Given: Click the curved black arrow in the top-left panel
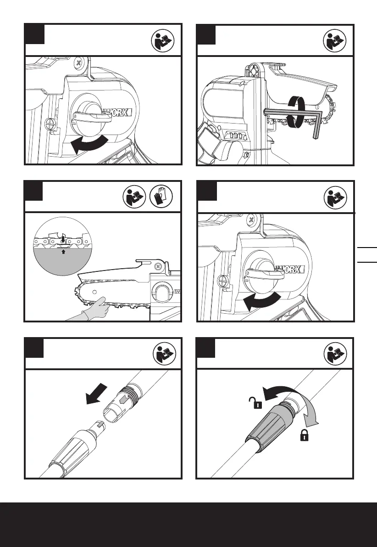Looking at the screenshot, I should (90, 146).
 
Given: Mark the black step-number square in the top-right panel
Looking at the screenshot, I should (206, 34).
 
